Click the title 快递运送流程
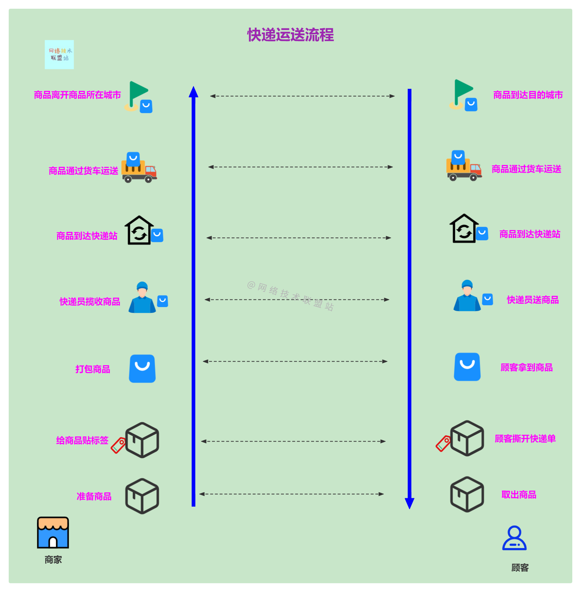[x=290, y=35]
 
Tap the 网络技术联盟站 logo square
[x=59, y=55]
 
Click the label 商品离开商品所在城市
[x=77, y=95]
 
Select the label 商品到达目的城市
[x=528, y=95]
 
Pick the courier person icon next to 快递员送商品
[x=467, y=296]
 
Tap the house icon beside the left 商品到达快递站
[x=139, y=230]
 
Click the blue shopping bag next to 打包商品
[x=142, y=369]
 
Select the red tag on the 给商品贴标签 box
[x=118, y=445]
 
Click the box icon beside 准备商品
[x=142, y=496]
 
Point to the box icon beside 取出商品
[x=467, y=494]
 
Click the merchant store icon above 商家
[x=53, y=532]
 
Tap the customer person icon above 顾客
[x=514, y=538]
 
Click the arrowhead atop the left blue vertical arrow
[x=194, y=92]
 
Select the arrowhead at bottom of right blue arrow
[x=410, y=503]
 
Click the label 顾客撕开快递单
[x=525, y=439]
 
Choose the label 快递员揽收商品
[x=90, y=302]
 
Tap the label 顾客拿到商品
[x=527, y=367]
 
